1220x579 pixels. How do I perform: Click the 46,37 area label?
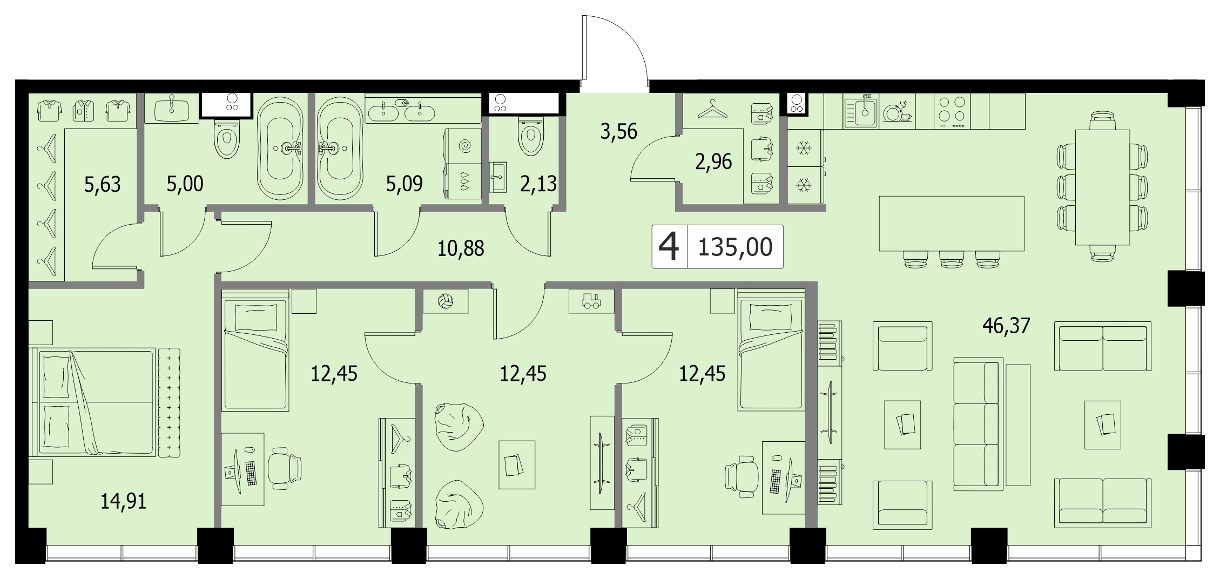point(1007,326)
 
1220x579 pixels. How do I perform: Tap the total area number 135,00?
point(735,247)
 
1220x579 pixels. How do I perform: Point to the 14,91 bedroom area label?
point(124,502)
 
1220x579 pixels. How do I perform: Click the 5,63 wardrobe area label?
point(103,185)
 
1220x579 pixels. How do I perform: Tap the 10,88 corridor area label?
point(461,249)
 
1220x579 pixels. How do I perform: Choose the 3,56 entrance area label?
point(619,131)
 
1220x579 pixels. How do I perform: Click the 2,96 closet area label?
point(713,161)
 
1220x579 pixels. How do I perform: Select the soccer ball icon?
point(446,301)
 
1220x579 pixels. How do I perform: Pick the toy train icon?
point(591,301)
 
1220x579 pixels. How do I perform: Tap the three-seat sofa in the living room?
point(978,424)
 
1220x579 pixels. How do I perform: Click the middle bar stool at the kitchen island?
point(952,259)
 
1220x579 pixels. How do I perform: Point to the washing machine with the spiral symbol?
point(463,146)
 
